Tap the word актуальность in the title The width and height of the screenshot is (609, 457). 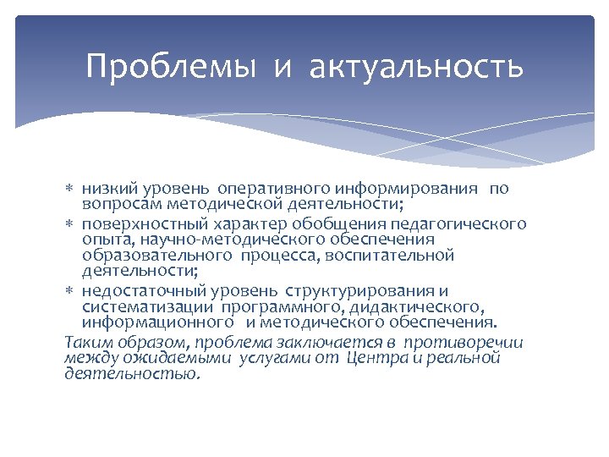(416, 66)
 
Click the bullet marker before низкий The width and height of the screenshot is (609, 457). (71, 188)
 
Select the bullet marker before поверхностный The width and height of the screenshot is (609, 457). (71, 224)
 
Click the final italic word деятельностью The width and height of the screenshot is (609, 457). (131, 373)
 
